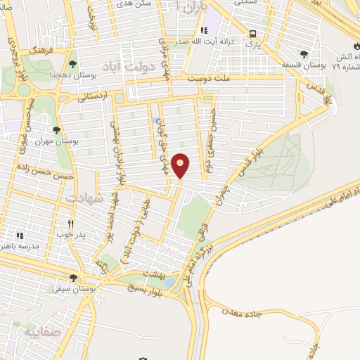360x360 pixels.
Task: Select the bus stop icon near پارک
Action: tap(252, 34)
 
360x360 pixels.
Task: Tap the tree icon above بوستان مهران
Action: tap(56, 130)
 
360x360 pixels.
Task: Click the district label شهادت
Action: tap(84, 199)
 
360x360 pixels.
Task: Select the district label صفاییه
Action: tap(40, 330)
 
